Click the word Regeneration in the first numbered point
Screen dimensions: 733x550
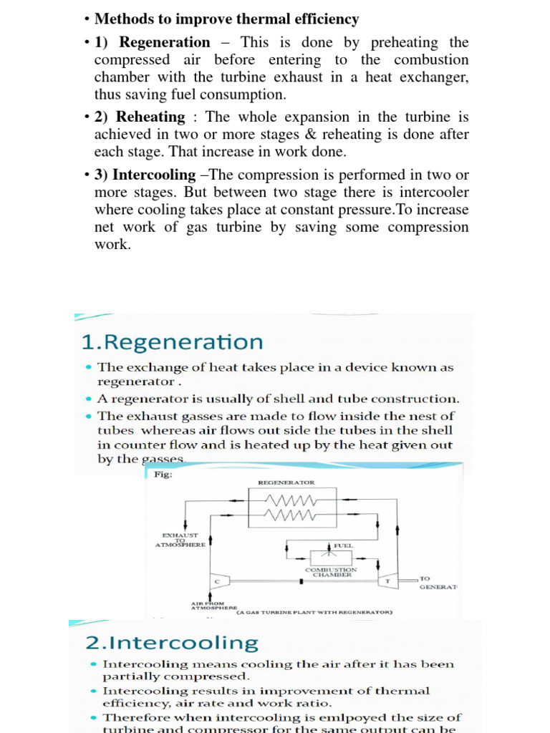click(165, 42)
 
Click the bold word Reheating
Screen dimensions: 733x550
click(150, 117)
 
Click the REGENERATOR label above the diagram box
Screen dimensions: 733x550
click(286, 482)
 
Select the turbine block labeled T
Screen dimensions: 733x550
click(387, 581)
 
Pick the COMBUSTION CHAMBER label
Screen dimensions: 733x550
click(330, 572)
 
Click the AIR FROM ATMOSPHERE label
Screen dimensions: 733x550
click(208, 606)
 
